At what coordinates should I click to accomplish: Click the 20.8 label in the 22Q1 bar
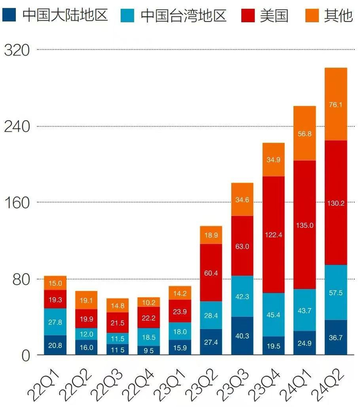click(x=55, y=346)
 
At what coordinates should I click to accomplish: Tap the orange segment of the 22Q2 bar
click(x=86, y=300)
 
